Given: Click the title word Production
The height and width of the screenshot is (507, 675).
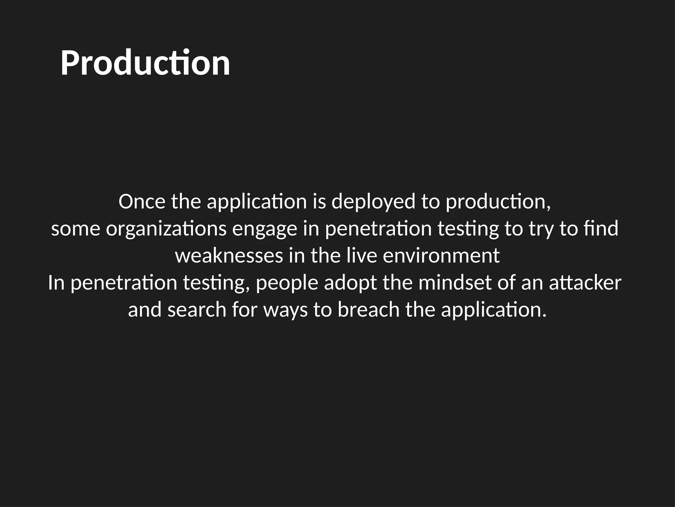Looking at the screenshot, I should coord(145,63).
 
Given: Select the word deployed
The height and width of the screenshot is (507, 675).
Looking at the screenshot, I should coord(373,202).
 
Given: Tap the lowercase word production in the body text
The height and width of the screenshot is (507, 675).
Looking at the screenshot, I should coord(498,202).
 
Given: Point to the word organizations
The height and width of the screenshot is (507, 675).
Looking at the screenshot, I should coord(166,229).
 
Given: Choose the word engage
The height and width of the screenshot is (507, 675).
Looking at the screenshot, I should coord(265,230).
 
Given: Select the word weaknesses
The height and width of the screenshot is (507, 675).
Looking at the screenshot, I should coord(229,256).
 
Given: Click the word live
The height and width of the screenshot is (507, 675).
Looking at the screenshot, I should coord(362,256).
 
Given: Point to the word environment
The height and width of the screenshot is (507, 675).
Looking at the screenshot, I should coord(441,256).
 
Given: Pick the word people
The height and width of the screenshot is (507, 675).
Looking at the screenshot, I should coord(287,283).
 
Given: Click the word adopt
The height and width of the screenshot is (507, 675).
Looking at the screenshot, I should coord(350,283).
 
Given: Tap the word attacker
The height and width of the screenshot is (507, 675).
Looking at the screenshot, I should coord(585,283).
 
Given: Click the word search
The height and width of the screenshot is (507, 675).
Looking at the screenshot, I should coord(197,310).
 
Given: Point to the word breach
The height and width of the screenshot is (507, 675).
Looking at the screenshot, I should coord(368,310).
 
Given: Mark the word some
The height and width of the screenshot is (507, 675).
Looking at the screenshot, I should coord(75,229).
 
